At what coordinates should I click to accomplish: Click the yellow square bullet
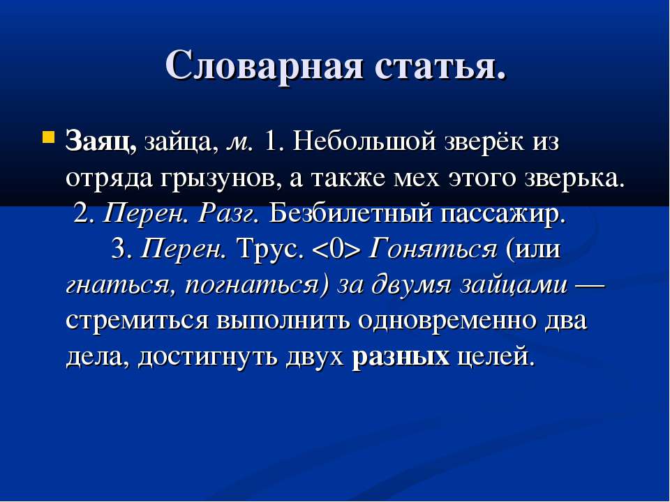click(49, 137)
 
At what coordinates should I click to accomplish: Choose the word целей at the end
click(496, 357)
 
